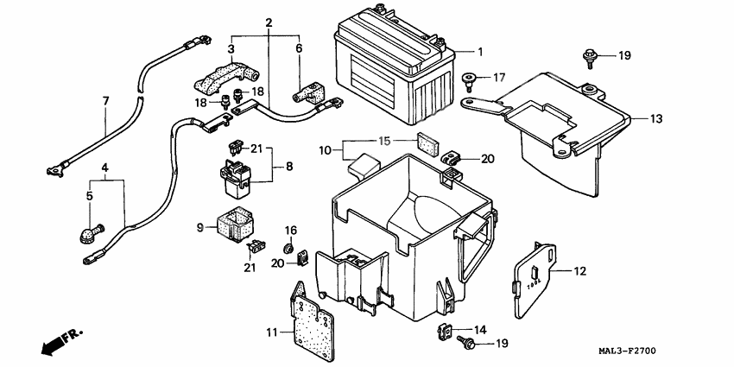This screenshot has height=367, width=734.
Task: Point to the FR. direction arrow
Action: (58, 339)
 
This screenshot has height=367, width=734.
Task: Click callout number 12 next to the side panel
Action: (580, 272)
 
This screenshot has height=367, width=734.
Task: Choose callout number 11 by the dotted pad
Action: (272, 332)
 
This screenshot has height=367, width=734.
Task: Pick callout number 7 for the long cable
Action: (106, 101)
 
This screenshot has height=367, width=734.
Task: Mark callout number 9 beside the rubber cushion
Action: (200, 228)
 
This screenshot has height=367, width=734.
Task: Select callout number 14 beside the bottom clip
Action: (480, 330)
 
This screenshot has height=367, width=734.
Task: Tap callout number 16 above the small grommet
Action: (291, 231)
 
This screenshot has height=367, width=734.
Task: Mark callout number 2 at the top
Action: (269, 21)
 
